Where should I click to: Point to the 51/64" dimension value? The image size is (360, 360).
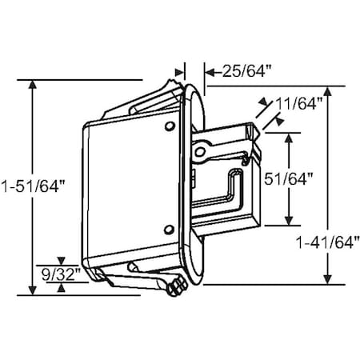[x=311, y=179]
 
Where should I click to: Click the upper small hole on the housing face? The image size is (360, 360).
[x=168, y=127]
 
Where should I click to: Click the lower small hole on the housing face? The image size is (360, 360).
[x=168, y=226]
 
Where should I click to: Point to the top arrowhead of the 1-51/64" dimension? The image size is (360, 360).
[x=32, y=85]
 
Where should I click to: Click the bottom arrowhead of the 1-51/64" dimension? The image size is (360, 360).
[x=32, y=290]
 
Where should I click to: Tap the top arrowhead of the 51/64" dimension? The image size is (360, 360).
[x=289, y=137]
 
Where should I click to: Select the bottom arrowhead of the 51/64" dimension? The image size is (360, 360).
[x=289, y=222]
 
